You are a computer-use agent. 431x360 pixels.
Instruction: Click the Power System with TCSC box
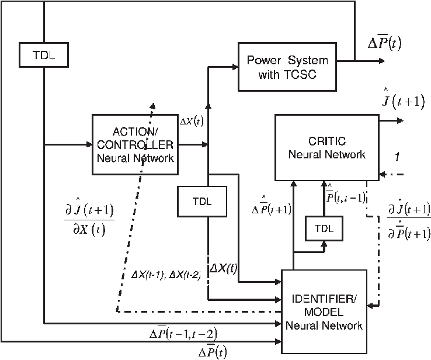click(287, 67)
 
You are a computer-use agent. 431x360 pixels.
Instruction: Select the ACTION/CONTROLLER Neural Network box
click(134, 144)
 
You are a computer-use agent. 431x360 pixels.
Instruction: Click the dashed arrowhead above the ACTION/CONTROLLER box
click(152, 105)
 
